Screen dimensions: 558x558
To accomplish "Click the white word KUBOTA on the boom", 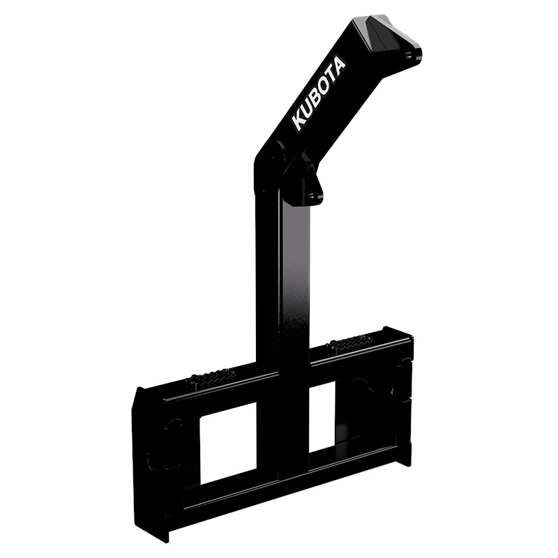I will pyautogui.click(x=319, y=92).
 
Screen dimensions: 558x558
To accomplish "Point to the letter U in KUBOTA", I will pyautogui.click(x=307, y=110).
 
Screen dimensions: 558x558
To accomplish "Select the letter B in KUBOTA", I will pyautogui.click(x=314, y=98).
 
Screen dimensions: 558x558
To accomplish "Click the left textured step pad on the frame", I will pyautogui.click(x=209, y=377).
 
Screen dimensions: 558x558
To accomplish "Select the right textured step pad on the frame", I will pyautogui.click(x=349, y=342).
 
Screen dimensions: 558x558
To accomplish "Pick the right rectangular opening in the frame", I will pyautogui.click(x=322, y=416).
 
